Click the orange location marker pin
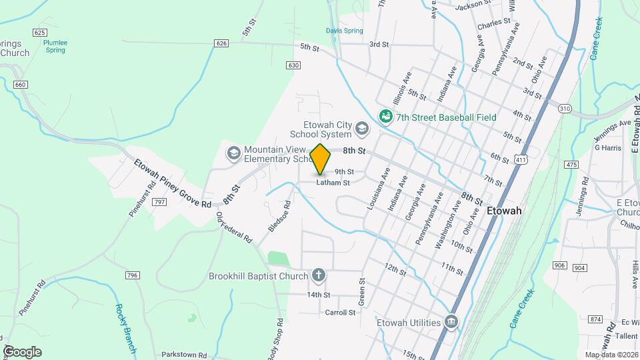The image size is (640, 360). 321,158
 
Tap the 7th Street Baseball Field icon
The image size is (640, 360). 385,117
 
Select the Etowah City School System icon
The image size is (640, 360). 362,128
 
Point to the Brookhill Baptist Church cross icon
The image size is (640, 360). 319,275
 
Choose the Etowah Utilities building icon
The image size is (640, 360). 452,323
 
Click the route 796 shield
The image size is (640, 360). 132,275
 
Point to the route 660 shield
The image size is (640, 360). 21,85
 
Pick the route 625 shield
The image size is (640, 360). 40,33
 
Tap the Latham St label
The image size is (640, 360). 333,182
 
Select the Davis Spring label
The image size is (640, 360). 344,31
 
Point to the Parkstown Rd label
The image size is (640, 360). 184,355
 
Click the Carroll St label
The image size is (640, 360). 340,312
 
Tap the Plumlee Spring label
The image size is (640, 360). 55,45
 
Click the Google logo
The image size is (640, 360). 22,351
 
